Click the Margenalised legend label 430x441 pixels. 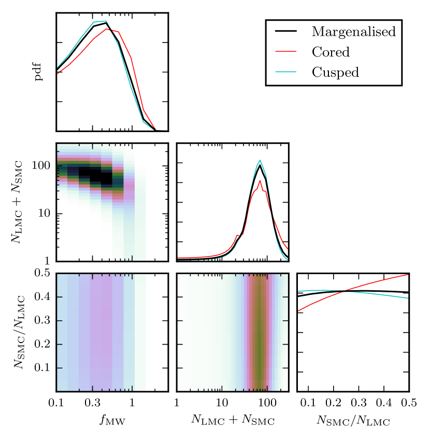tap(353, 32)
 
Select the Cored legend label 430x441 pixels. tap(331, 52)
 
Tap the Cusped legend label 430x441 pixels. tap(335, 72)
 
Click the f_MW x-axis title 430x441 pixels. tap(112, 421)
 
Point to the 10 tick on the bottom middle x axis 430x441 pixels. tap(222, 403)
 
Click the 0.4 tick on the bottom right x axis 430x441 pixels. tap(384, 403)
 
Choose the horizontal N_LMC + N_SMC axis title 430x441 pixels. tap(233, 421)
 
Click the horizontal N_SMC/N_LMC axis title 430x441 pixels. tap(353, 421)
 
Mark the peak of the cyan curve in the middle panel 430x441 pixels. tap(260, 160)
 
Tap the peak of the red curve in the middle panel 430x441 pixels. tap(260, 180)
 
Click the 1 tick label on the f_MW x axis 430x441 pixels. tap(132, 403)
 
